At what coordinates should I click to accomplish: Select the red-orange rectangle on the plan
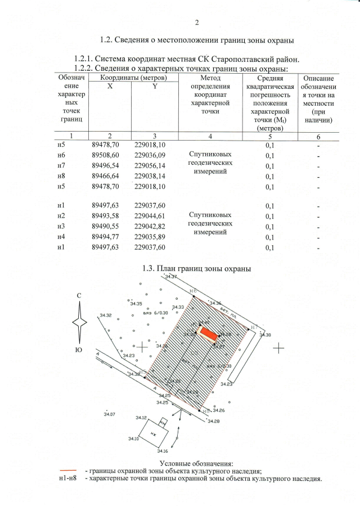pos(209,334)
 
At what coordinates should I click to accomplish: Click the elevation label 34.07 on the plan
pos(110,414)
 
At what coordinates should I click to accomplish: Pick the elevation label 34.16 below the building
pos(163,451)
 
